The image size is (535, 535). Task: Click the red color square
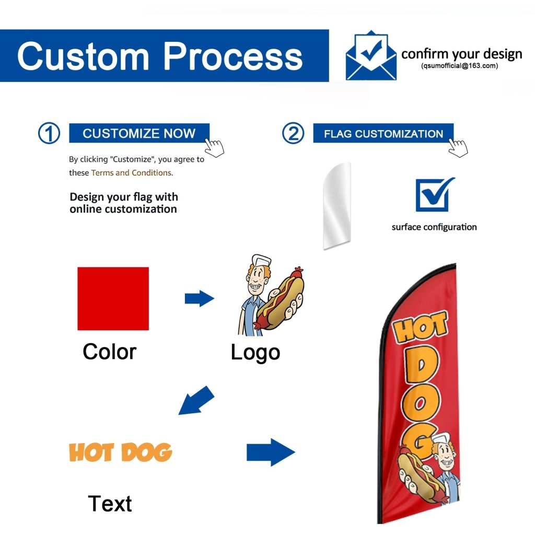coord(113,298)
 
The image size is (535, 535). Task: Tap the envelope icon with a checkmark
coord(371,56)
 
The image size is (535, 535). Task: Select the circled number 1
coord(49,134)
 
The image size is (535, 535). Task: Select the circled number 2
coord(293,134)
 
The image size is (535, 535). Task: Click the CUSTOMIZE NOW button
coord(139,133)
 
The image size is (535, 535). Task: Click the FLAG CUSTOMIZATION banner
coord(383,134)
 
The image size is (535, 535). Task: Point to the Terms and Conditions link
coord(132,173)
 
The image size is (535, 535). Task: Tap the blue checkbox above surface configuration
coord(434,194)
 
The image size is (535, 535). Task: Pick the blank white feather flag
coord(336,205)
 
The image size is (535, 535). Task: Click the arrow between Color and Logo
coord(200,299)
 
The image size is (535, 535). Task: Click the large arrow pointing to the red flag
coord(270,452)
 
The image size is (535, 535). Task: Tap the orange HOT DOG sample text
coord(121,452)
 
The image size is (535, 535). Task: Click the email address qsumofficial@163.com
coord(459,66)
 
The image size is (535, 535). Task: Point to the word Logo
coord(255,353)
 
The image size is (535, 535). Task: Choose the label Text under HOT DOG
coord(110,504)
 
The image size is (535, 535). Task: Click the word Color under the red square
coord(109,352)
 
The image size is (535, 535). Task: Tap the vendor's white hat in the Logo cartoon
coord(260,260)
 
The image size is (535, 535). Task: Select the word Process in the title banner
coord(232,56)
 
